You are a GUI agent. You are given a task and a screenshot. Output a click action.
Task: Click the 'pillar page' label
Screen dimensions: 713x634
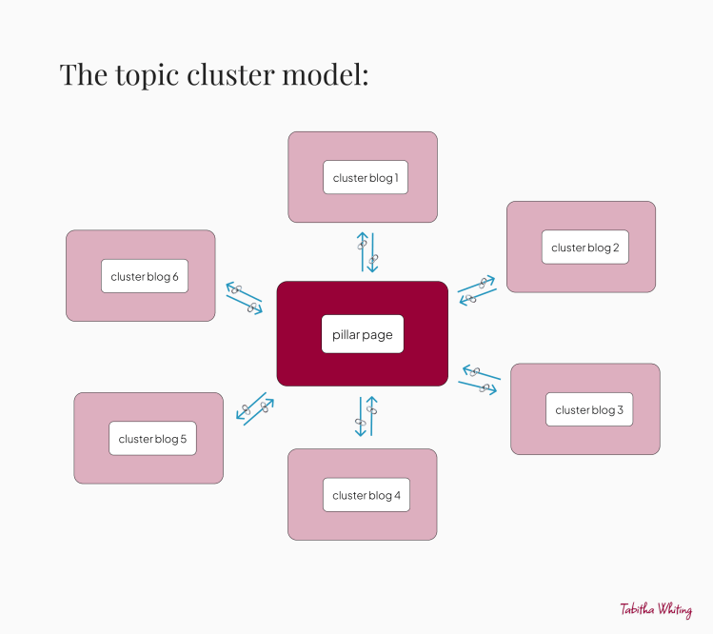coord(363,335)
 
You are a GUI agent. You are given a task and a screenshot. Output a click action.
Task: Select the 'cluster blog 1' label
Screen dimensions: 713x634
coord(366,178)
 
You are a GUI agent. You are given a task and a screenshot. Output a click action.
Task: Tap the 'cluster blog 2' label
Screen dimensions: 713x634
coord(585,248)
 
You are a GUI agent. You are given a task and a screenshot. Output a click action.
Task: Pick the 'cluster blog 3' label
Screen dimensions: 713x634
coord(589,409)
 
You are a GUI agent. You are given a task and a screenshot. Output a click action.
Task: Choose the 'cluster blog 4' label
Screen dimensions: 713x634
coord(366,495)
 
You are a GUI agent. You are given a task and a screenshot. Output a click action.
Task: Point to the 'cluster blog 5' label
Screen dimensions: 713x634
coord(152,439)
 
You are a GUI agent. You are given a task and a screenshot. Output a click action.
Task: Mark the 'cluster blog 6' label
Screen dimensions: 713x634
coord(145,276)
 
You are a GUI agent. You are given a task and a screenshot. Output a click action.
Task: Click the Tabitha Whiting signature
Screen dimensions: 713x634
coord(656,610)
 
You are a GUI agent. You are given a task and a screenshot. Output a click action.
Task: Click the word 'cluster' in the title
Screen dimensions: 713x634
coord(230,74)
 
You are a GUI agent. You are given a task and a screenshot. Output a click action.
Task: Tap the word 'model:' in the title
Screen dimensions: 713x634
coord(326,74)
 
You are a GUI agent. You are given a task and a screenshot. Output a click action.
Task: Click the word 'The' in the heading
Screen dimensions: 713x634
coord(84,74)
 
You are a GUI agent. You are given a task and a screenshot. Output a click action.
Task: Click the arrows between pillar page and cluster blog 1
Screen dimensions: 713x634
coord(367,252)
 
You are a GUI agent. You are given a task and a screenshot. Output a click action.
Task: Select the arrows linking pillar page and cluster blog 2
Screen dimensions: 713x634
coord(477,290)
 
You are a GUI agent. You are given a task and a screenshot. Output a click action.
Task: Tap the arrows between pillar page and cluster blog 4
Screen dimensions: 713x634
coord(366,416)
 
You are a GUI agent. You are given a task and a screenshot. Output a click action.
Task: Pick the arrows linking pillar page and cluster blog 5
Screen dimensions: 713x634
coord(255,409)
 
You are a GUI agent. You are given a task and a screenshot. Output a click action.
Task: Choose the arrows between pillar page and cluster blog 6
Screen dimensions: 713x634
coord(245,298)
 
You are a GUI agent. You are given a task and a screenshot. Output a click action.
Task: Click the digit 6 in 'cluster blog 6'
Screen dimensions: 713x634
coord(175,276)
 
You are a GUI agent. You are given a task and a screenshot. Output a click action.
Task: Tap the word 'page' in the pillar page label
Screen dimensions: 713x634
coord(377,336)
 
